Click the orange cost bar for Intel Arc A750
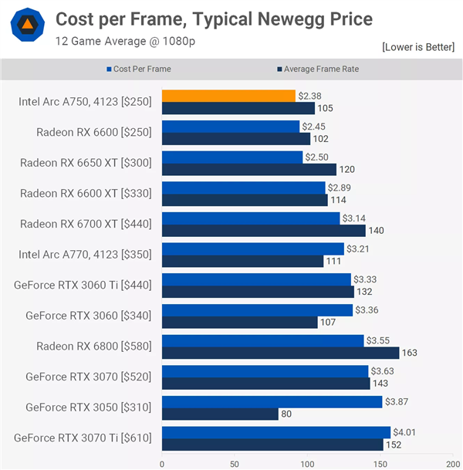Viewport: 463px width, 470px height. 228,96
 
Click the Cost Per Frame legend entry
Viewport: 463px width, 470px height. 142,69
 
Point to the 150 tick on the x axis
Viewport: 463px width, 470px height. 380,465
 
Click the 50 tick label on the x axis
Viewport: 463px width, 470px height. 234,465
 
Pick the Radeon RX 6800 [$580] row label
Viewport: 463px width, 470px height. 93,347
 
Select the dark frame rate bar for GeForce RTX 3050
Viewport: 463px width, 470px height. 220,414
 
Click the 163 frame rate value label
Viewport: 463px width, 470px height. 409,353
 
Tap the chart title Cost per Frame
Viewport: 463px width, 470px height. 214,19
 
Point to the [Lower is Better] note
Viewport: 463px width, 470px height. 418,48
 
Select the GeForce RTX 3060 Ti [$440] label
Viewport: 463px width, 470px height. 83,285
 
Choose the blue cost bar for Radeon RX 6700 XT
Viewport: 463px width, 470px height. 251,218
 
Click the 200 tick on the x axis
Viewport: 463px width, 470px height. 452,465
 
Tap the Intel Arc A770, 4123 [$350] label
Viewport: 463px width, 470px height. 85,255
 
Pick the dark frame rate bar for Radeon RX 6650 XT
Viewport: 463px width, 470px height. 248,169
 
